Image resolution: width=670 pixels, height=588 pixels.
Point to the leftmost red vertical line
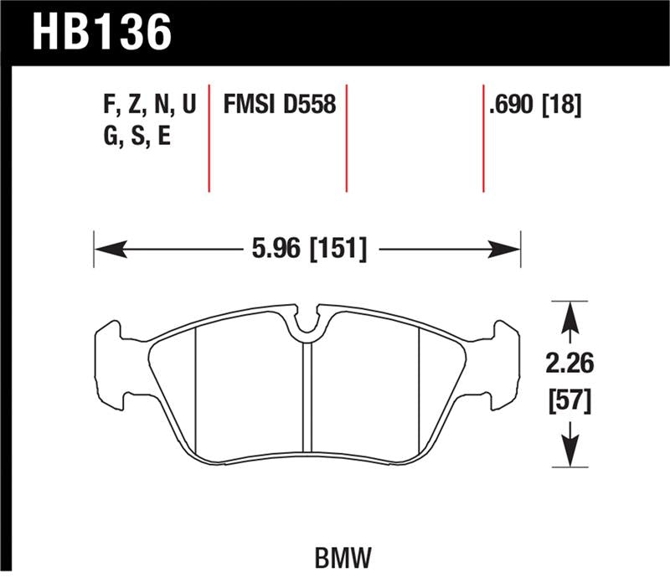(209, 138)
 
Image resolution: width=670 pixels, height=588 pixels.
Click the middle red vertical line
(346, 138)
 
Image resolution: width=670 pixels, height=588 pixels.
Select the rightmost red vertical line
(483, 138)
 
